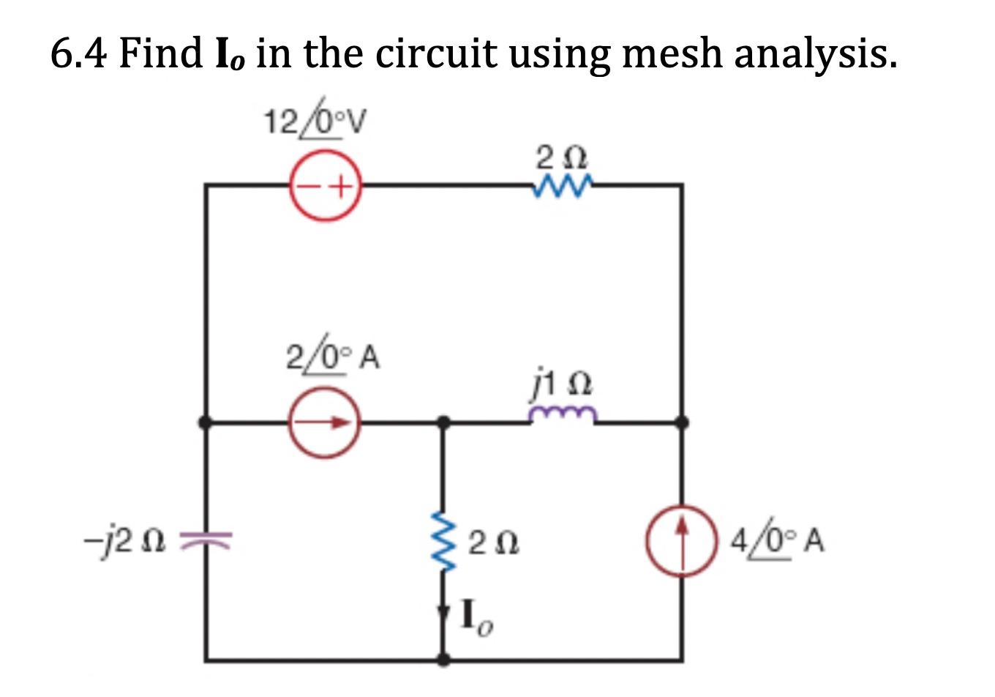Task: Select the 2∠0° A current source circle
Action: (324, 422)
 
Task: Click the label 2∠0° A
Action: (331, 358)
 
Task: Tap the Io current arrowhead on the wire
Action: (443, 614)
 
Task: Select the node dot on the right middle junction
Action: (682, 422)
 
